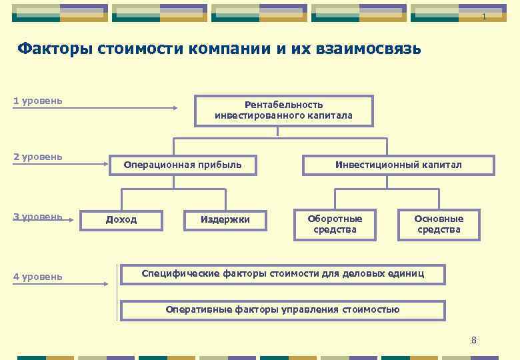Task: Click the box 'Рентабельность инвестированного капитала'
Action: [283, 110]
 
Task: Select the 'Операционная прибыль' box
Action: [183, 165]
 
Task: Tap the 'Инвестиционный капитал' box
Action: [399, 165]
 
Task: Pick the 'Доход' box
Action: [121, 220]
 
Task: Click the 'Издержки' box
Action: [225, 220]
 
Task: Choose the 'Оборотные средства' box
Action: [335, 224]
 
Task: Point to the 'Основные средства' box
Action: [439, 224]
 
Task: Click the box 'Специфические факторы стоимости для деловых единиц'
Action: [283, 273]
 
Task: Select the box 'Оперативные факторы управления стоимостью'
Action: [283, 309]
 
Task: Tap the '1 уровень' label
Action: [38, 101]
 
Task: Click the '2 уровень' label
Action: [38, 157]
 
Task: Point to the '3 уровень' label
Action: [38, 217]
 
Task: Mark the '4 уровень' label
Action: [38, 277]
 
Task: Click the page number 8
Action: [474, 340]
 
